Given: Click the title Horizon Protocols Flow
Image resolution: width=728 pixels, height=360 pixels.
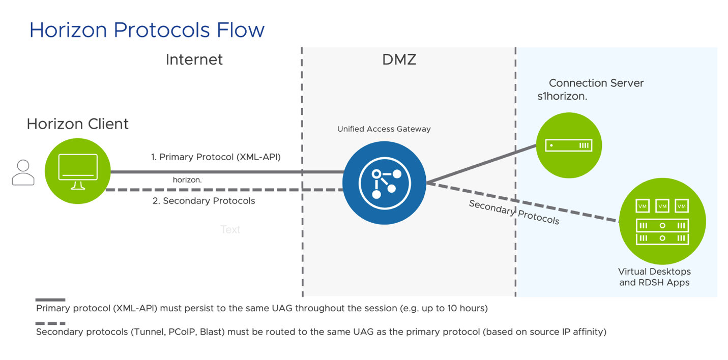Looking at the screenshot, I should [x=147, y=30].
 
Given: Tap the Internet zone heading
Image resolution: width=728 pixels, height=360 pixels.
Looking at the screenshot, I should [x=194, y=60].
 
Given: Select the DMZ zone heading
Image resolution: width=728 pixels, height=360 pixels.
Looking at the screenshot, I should [x=399, y=60].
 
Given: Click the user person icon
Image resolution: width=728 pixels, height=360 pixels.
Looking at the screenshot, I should [x=23, y=172].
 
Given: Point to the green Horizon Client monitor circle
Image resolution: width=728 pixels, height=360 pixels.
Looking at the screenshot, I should [x=77, y=171].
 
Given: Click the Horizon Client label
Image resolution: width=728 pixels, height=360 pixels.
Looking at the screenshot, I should [x=77, y=124].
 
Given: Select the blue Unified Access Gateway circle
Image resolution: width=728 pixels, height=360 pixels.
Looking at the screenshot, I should [x=384, y=182].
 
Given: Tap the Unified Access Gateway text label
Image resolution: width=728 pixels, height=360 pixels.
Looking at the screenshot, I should [x=384, y=129].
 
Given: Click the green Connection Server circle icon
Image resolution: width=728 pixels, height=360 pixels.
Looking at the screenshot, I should [x=568, y=145].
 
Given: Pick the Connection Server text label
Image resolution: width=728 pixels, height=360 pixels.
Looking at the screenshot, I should [x=596, y=83].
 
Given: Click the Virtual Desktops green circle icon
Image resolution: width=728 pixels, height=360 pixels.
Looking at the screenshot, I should [x=662, y=221].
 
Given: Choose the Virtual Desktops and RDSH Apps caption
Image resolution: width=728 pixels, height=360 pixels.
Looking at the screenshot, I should [x=654, y=277].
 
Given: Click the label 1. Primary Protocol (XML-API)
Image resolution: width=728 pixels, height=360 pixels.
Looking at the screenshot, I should [x=216, y=157].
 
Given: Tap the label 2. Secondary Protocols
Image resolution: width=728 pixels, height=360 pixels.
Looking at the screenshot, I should [x=203, y=201].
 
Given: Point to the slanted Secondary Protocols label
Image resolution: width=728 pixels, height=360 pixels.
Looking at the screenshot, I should [x=514, y=212].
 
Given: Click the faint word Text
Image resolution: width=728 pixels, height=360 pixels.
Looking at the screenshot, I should [x=230, y=230].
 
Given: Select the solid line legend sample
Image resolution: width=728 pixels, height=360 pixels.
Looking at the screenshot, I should [x=50, y=300].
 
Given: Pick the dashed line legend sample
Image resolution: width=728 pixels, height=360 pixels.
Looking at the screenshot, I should [x=50, y=323].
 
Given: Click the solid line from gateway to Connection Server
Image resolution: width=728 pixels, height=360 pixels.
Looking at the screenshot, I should [x=481, y=164].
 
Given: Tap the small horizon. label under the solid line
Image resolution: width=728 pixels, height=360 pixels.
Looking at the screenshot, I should [x=187, y=180].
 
